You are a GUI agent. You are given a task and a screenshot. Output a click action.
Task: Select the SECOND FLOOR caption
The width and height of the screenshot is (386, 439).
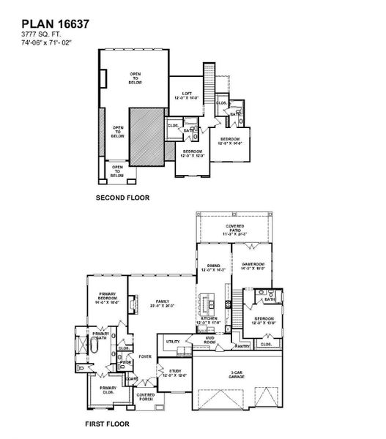(x=122, y=198)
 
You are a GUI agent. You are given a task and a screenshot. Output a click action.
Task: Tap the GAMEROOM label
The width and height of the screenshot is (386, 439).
(x=252, y=268)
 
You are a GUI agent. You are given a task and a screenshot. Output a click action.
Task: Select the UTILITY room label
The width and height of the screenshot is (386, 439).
(x=173, y=341)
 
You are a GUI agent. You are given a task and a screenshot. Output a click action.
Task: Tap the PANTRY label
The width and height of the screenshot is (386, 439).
(x=244, y=345)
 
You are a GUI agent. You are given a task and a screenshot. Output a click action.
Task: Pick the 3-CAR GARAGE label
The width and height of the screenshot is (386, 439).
(x=236, y=374)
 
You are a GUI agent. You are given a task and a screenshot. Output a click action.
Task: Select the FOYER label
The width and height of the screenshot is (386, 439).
(x=146, y=357)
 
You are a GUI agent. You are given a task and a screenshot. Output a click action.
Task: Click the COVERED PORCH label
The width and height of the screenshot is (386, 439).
(x=145, y=396)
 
